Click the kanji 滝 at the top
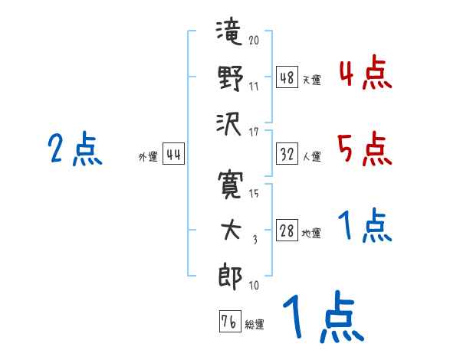(228, 34)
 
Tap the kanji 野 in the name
(229, 78)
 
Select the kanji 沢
(229, 123)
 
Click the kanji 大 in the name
(229, 231)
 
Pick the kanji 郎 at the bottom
(229, 277)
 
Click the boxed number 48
(287, 77)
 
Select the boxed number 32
(287, 154)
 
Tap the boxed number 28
(287, 231)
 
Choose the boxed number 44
(173, 155)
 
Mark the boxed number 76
(229, 322)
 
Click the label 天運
(311, 80)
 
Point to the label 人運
(311, 156)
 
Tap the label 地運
(311, 234)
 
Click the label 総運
(254, 324)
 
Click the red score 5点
(364, 149)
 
